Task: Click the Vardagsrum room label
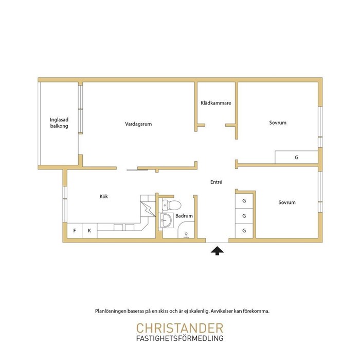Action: tap(138, 124)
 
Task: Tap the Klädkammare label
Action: tap(216, 103)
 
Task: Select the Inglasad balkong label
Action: tap(59, 123)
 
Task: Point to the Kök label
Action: tap(104, 196)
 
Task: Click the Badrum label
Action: tap(184, 216)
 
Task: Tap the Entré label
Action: tap(216, 182)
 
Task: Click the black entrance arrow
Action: tap(217, 251)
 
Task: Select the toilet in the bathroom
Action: tap(171, 205)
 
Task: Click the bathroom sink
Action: tap(166, 220)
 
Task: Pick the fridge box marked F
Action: tap(75, 231)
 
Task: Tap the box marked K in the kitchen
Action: tap(89, 231)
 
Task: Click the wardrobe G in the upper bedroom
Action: tap(297, 157)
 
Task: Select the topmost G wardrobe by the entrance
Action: tap(244, 201)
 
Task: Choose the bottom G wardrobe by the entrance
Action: tap(244, 231)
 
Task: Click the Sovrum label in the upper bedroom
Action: tap(278, 123)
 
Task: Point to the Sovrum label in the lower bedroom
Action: tap(287, 202)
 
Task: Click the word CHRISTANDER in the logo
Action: tap(180, 328)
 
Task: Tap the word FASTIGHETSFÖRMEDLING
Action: tap(180, 338)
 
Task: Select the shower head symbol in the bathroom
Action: tap(186, 235)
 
